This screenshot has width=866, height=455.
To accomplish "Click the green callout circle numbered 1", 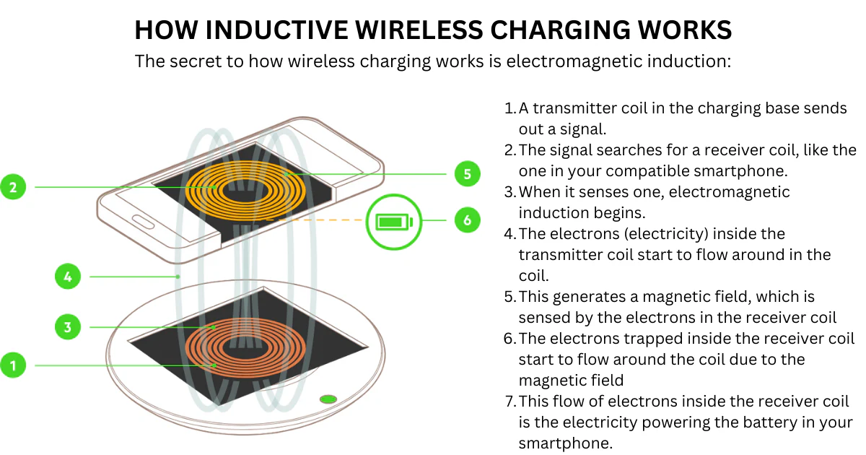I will (12, 365).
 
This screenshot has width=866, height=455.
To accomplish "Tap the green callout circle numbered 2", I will (12, 188).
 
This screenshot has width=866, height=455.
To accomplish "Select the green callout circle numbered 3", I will (67, 327).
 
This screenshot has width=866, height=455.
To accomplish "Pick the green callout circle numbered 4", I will (67, 276).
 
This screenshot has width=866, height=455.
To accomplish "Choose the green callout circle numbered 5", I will (467, 174).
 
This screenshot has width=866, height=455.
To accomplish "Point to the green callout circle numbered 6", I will (467, 220).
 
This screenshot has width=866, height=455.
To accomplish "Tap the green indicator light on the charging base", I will (328, 398).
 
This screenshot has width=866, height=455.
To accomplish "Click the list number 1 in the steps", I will (509, 108).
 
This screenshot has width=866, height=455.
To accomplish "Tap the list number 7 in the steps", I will (509, 402).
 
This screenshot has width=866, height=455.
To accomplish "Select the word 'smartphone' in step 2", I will (728, 171).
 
